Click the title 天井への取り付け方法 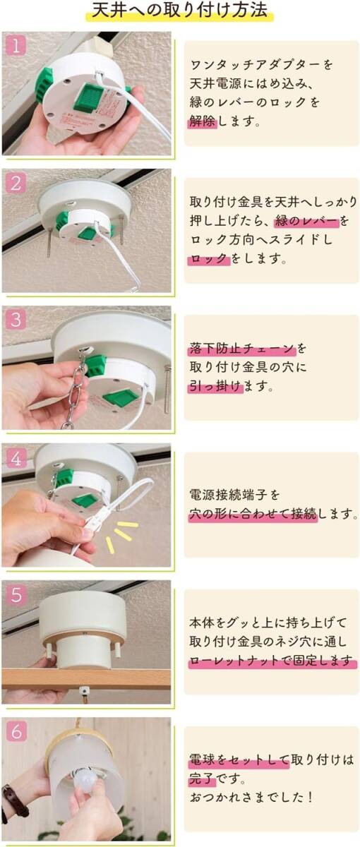179,11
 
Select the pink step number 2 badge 16,184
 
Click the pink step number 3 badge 16,320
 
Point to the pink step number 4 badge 16,459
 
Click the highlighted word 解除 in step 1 203,121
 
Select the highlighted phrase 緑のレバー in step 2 306,220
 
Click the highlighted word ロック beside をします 209,258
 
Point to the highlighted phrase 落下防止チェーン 242,348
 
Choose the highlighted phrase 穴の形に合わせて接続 253,514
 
